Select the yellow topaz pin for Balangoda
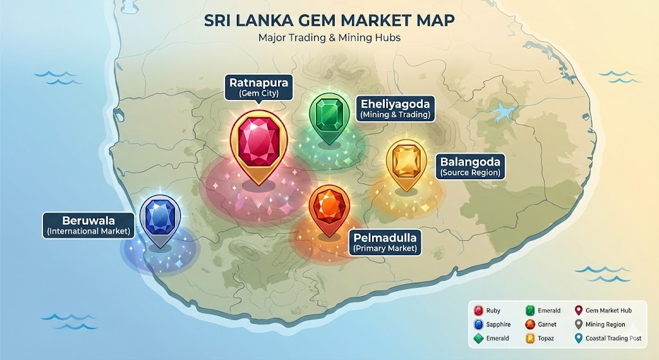407,163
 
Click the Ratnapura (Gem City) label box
259,87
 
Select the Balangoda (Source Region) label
470,166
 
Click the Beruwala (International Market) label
88,224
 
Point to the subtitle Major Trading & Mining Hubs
329,37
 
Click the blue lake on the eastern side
501,115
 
